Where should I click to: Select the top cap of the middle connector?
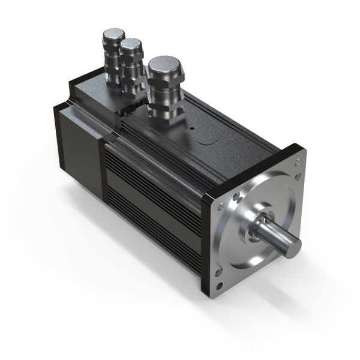130,45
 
